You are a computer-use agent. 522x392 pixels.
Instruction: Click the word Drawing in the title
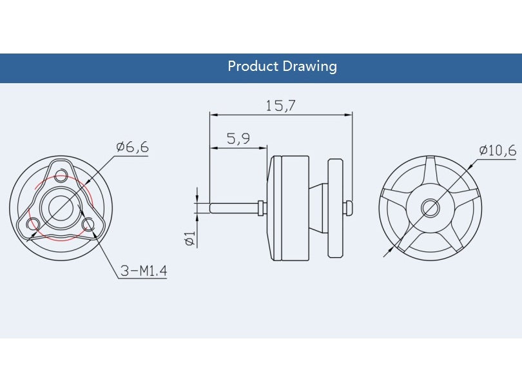tap(310, 66)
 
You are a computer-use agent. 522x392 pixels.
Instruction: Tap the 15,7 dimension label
tap(280, 106)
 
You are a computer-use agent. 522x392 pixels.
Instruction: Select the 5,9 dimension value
tap(238, 138)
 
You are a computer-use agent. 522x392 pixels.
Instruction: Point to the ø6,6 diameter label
tap(132, 146)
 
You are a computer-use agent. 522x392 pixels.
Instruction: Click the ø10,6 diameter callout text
tap(498, 150)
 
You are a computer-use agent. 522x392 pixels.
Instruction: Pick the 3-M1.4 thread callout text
tap(144, 271)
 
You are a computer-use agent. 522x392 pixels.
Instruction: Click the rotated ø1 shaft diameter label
tap(190, 239)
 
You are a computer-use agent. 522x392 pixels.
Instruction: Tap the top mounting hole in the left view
tap(61, 175)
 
